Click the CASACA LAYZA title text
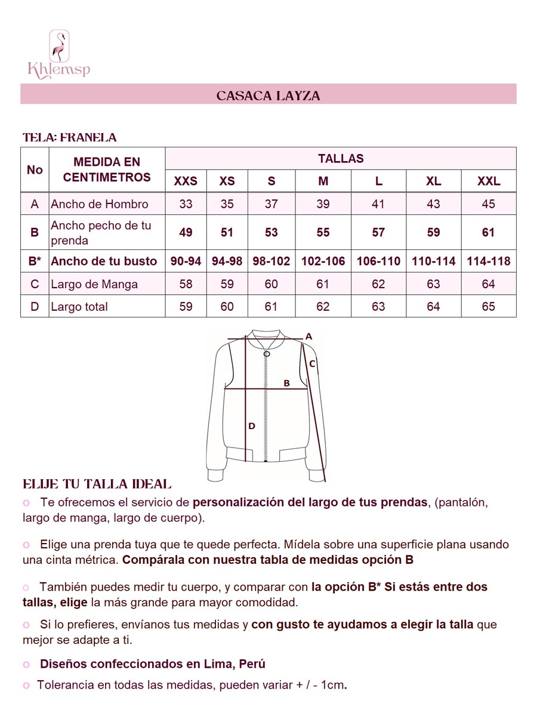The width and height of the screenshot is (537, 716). coord(268,95)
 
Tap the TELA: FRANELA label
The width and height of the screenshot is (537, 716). coord(69,137)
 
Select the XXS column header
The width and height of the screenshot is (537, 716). coord(186,181)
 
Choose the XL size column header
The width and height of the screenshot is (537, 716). coord(434,181)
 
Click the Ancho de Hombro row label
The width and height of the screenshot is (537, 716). coord(100,204)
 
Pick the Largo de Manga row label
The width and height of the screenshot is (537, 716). coord(94,284)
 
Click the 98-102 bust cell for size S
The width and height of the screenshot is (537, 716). coord(271,261)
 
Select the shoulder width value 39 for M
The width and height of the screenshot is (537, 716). coord(323,204)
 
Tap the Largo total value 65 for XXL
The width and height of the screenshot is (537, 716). coord(488,307)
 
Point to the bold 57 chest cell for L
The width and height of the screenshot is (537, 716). coord(378,232)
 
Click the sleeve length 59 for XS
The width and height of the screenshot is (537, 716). coord(227,284)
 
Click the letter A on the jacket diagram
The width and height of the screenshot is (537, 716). coord(308,337)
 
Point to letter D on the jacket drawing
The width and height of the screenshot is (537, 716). coord(252,426)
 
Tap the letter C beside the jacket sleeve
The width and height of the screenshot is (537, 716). coord(312,363)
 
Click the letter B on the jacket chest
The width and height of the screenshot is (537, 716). coord(286,383)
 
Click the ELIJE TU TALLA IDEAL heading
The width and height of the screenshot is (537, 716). coord(97,484)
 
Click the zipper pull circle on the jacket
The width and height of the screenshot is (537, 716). coord(267,354)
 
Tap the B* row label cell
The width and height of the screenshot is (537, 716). coord(35,261)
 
